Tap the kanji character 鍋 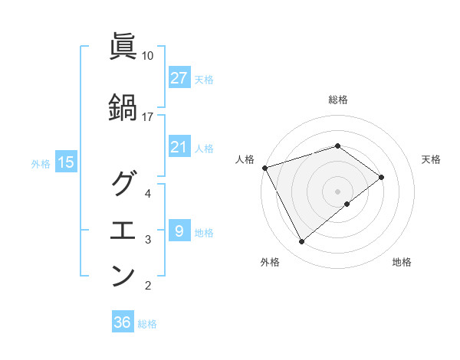pyautogui.click(x=123, y=107)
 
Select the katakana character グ pyautogui.click(x=123, y=185)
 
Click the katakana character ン pyautogui.click(x=123, y=276)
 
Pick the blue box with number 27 pyautogui.click(x=179, y=78)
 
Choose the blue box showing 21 pyautogui.click(x=179, y=147)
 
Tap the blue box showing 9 pyautogui.click(x=179, y=231)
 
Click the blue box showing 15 pyautogui.click(x=66, y=162)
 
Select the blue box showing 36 pyautogui.click(x=123, y=322)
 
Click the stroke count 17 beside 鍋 pyautogui.click(x=147, y=116)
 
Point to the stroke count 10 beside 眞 pyautogui.click(x=147, y=56)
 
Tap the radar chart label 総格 pyautogui.click(x=338, y=100)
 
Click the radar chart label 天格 pyautogui.click(x=432, y=159)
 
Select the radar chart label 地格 pyautogui.click(x=402, y=263)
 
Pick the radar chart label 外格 pyautogui.click(x=270, y=263)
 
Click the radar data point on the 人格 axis pyautogui.click(x=264, y=168)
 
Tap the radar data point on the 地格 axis pyautogui.click(x=347, y=204)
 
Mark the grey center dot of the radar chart pyautogui.click(x=338, y=191)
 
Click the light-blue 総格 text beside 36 pyautogui.click(x=147, y=324)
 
